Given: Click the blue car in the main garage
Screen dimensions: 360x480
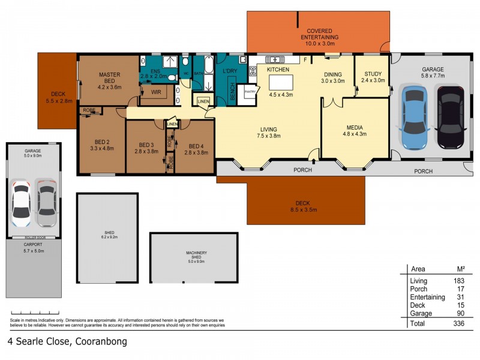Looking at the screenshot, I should click(x=413, y=118).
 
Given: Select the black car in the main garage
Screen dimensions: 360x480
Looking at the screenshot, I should click(x=449, y=118).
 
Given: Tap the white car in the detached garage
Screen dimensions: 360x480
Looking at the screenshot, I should click(x=21, y=201).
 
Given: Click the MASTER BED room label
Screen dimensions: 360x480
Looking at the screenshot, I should click(x=109, y=78).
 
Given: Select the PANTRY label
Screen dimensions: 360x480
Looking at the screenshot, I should click(x=250, y=92).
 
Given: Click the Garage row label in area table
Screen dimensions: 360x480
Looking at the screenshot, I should click(x=420, y=313).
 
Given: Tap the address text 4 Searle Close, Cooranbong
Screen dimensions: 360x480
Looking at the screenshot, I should click(x=67, y=342).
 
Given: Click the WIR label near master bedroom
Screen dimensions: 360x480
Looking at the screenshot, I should click(x=156, y=92).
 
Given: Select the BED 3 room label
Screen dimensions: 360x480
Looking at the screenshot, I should click(x=147, y=145).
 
